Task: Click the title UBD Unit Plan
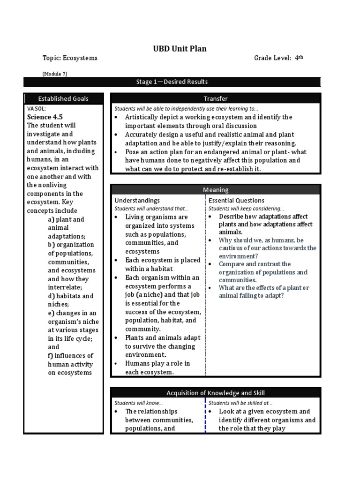click(x=180, y=49)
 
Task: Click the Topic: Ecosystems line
click(x=70, y=58)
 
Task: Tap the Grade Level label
click(x=272, y=58)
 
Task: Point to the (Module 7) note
click(x=58, y=74)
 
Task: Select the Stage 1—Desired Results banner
click(x=172, y=82)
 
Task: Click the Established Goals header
click(x=63, y=98)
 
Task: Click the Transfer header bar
click(x=216, y=98)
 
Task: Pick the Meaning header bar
click(x=216, y=190)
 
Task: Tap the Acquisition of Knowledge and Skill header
click(x=216, y=393)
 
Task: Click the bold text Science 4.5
click(x=45, y=117)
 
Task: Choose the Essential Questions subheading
click(x=236, y=201)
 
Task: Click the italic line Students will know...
click(x=139, y=403)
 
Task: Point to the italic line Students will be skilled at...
click(x=240, y=403)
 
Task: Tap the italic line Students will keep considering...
click(x=246, y=208)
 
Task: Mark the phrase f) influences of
click(x=70, y=355)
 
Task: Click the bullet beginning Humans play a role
click(x=157, y=364)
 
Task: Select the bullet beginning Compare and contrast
click(x=255, y=264)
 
